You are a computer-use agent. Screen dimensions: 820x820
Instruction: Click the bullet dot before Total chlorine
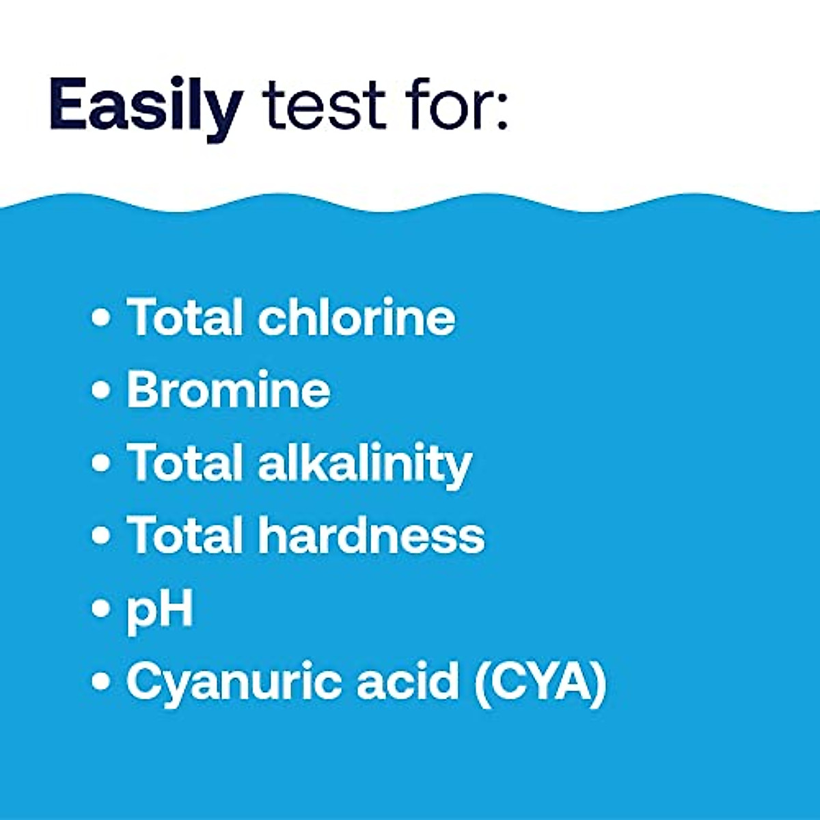pyautogui.click(x=101, y=318)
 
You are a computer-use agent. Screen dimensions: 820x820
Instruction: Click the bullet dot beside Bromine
pyautogui.click(x=101, y=390)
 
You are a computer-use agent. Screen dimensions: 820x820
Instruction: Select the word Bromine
pyautogui.click(x=228, y=390)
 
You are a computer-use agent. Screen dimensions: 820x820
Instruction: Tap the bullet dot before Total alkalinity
pyautogui.click(x=101, y=463)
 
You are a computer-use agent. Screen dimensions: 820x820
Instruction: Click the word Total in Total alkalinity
pyautogui.click(x=185, y=463)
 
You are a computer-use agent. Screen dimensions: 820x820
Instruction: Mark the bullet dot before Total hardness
pyautogui.click(x=101, y=535)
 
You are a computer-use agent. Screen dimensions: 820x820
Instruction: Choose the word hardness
pyautogui.click(x=371, y=535)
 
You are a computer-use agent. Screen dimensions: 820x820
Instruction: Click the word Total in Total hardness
pyautogui.click(x=185, y=535)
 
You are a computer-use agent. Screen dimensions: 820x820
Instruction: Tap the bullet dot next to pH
pyautogui.click(x=101, y=607)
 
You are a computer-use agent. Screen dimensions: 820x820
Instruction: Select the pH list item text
pyautogui.click(x=159, y=610)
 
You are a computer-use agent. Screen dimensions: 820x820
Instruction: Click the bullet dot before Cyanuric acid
pyautogui.click(x=101, y=681)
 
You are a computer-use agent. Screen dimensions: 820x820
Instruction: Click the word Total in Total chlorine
pyautogui.click(x=185, y=318)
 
